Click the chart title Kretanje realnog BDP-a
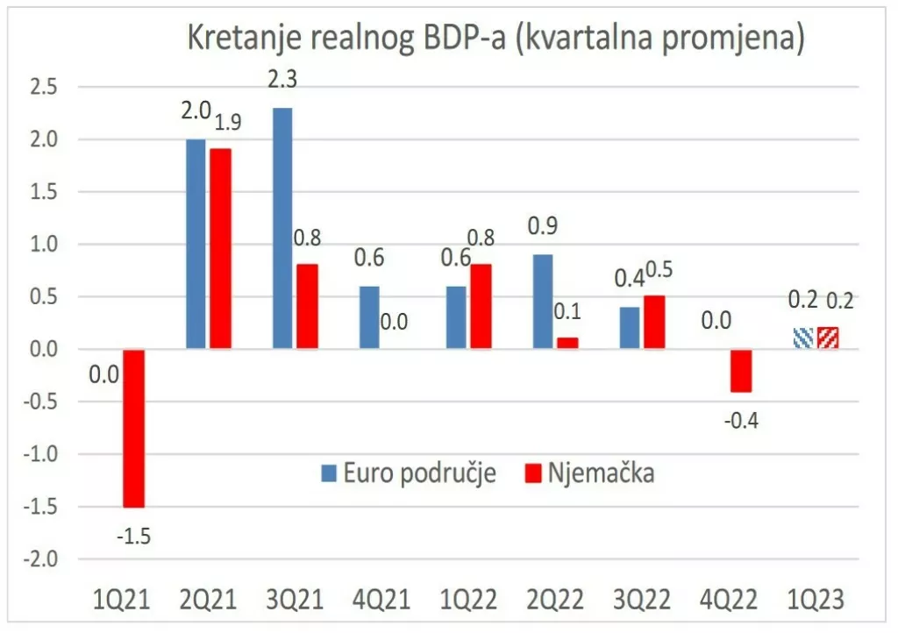495,39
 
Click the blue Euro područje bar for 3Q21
282,228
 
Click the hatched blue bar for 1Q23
802,338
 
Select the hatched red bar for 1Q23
827,338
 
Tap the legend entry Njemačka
591,473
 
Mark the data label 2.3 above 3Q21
282,79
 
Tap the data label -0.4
740,420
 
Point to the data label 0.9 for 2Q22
544,225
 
